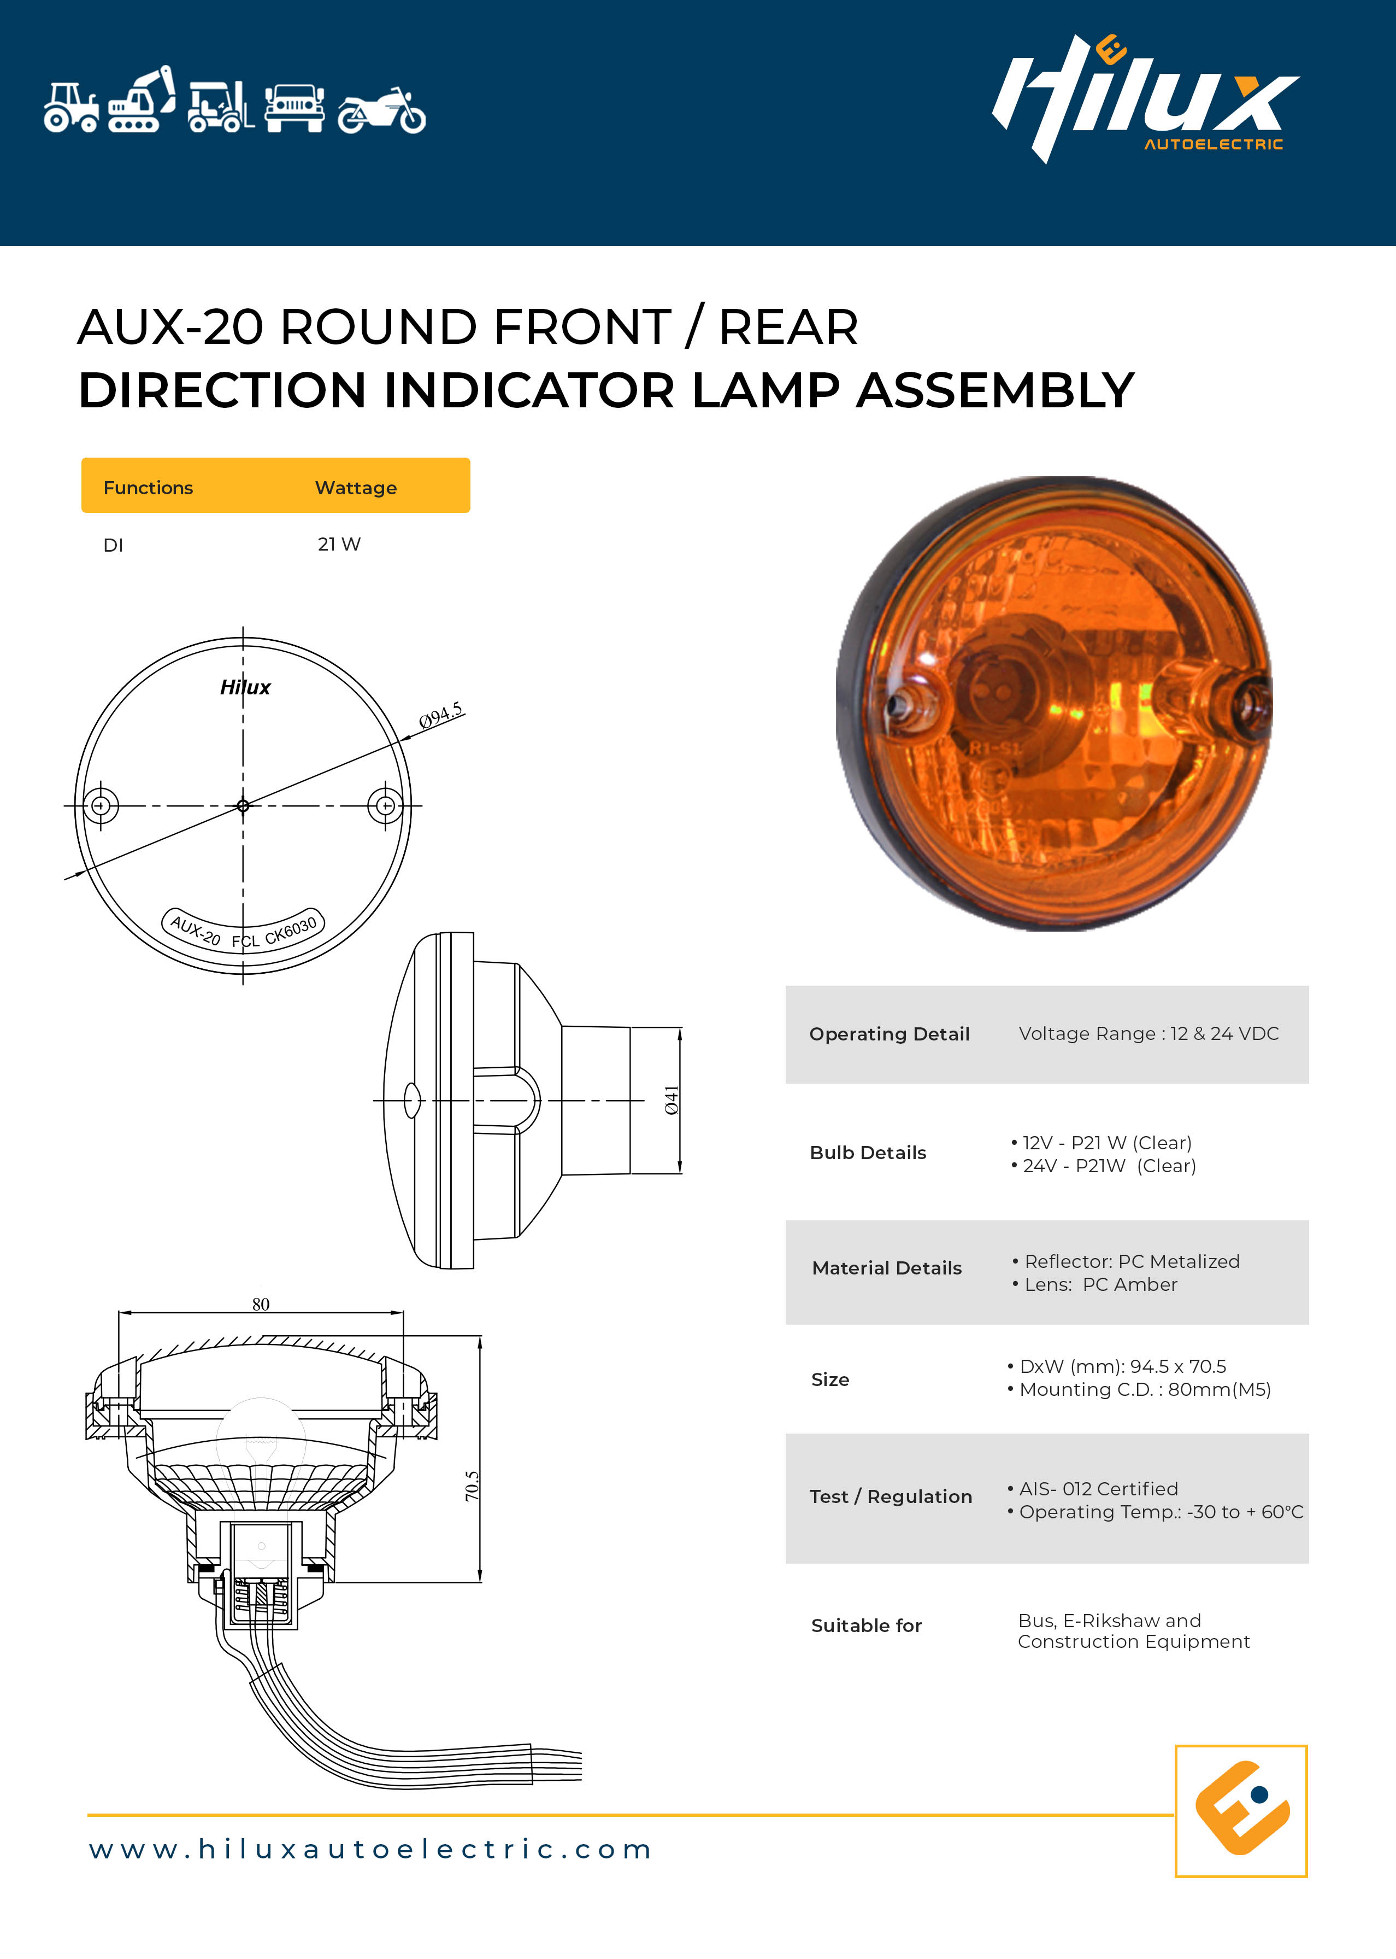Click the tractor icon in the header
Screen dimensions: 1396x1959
(x=72, y=108)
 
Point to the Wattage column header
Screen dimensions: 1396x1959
(x=356, y=488)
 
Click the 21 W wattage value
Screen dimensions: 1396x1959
(x=339, y=545)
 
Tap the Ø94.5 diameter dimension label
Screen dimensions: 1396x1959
(x=440, y=716)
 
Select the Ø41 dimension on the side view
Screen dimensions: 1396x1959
(x=672, y=1100)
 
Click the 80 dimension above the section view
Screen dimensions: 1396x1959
(x=261, y=1303)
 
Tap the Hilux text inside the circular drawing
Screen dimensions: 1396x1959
(x=245, y=687)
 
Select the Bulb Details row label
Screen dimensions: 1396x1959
(x=867, y=1153)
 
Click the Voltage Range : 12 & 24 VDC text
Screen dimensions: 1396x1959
(x=1148, y=1034)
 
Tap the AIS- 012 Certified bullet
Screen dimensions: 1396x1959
(x=1093, y=1489)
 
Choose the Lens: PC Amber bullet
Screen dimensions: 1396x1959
(x=1094, y=1284)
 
